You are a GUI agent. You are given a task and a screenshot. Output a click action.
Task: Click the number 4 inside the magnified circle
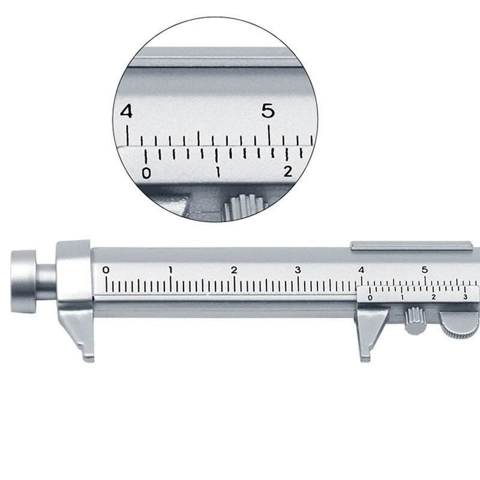pyautogui.click(x=126, y=111)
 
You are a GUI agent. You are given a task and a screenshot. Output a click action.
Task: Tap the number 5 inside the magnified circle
pyautogui.click(x=268, y=110)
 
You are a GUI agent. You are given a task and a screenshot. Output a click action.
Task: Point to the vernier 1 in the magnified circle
pyautogui.click(x=218, y=173)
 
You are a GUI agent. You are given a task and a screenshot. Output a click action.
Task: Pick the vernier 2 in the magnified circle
pyautogui.click(x=288, y=172)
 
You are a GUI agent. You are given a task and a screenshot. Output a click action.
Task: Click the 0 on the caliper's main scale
pyautogui.click(x=106, y=269)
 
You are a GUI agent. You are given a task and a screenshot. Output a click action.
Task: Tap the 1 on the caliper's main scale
pyautogui.click(x=170, y=269)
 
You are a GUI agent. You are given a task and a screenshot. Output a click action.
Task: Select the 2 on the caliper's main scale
pyautogui.click(x=234, y=269)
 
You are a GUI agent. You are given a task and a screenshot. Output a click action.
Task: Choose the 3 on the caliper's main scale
pyautogui.click(x=298, y=269)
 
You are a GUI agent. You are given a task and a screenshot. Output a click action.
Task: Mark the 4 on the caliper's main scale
pyautogui.click(x=361, y=269)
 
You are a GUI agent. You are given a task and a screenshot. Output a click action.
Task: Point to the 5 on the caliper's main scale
pyautogui.click(x=425, y=269)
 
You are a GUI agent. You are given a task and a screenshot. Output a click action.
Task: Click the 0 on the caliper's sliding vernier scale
pyautogui.click(x=370, y=298)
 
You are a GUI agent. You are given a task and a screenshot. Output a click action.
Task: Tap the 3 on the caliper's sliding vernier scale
pyautogui.click(x=465, y=297)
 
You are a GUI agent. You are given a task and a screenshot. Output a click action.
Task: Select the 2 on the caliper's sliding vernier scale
pyautogui.click(x=433, y=297)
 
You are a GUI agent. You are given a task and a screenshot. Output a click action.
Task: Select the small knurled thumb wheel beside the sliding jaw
pyautogui.click(x=414, y=320)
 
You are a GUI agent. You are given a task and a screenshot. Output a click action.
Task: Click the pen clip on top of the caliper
pyautogui.click(x=411, y=245)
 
